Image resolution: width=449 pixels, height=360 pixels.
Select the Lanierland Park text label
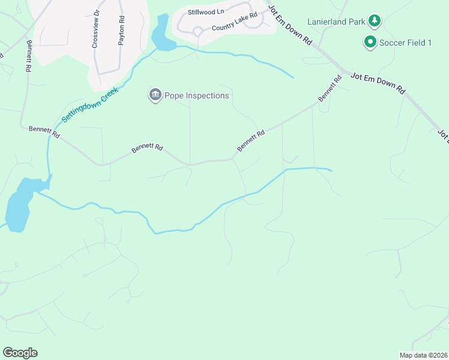[x=337, y=22]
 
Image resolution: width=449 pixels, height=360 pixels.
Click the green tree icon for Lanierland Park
[x=375, y=21]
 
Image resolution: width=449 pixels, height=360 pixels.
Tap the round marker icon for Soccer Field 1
[x=370, y=42]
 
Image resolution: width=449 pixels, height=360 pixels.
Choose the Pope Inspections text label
[x=197, y=95]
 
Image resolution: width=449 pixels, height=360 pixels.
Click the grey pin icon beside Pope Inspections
[x=155, y=95]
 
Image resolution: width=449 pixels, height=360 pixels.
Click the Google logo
[x=20, y=353]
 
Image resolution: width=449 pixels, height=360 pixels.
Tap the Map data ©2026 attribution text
[x=423, y=355]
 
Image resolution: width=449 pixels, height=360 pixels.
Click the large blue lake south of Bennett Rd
[x=19, y=204]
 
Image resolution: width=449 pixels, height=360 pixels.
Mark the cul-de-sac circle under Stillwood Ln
[x=197, y=31]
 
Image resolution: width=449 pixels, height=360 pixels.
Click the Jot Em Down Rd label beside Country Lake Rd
[x=291, y=25]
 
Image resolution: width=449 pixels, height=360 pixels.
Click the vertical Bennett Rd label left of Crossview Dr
[x=28, y=56]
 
